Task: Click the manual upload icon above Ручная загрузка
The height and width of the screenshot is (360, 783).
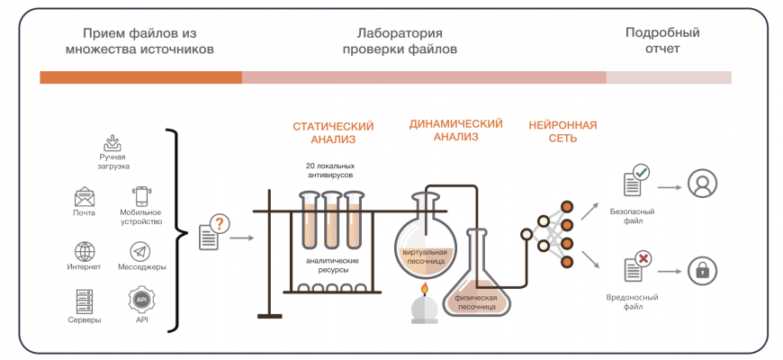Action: click(113, 142)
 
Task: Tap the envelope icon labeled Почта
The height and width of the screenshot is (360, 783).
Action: click(85, 196)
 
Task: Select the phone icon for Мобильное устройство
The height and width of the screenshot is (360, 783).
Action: click(140, 196)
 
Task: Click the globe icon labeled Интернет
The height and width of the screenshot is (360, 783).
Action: click(85, 251)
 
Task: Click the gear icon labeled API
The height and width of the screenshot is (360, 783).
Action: click(141, 301)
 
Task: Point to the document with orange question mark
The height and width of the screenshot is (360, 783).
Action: click(211, 233)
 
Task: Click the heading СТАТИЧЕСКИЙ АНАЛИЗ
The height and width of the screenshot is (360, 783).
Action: click(333, 132)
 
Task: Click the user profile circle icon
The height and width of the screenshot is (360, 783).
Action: click(702, 184)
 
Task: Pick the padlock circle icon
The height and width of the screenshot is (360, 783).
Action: click(702, 269)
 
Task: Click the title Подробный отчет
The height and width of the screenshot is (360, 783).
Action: click(662, 40)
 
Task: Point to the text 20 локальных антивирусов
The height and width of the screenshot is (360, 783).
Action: click(330, 171)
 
